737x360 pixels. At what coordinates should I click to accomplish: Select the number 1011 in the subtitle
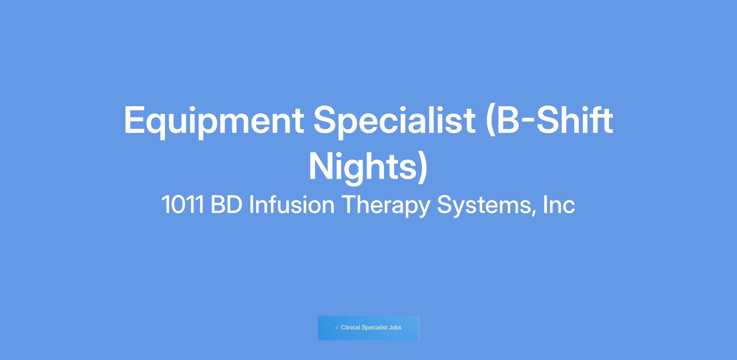(183, 204)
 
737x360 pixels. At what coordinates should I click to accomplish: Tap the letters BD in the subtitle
(227, 204)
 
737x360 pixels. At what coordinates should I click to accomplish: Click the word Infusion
(292, 204)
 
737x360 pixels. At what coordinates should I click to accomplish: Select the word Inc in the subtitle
(559, 204)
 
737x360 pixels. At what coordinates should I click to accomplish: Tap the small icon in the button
(336, 328)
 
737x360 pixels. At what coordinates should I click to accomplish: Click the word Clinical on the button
(350, 327)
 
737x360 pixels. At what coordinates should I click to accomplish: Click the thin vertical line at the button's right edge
(419, 328)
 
